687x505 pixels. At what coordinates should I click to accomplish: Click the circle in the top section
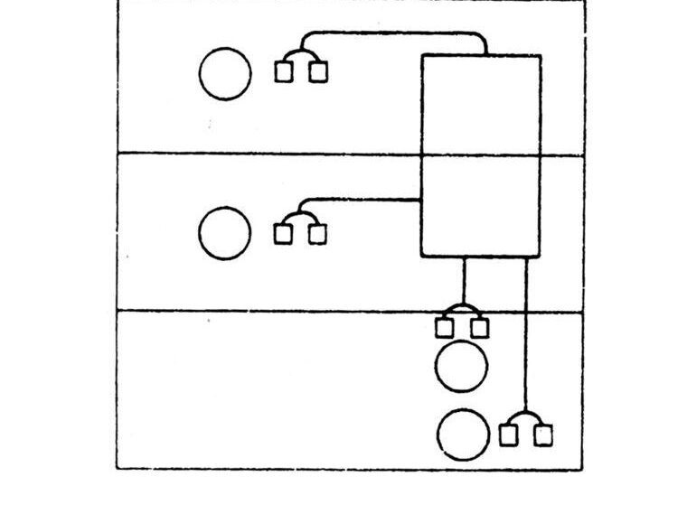click(x=225, y=74)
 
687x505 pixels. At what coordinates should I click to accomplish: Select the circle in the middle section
click(x=225, y=232)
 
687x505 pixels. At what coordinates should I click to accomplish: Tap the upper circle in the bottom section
click(x=461, y=366)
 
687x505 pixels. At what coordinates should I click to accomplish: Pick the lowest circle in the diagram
click(x=464, y=434)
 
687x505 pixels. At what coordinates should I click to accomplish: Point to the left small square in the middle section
click(x=284, y=234)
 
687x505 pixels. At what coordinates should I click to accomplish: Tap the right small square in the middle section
click(x=316, y=234)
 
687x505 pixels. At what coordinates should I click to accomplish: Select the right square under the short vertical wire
click(x=480, y=327)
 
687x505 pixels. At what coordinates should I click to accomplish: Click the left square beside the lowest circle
click(x=509, y=435)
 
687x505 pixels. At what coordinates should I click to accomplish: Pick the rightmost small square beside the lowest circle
click(x=542, y=435)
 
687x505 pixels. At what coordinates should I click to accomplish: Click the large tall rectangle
click(x=481, y=155)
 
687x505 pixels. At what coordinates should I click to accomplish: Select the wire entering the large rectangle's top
click(x=398, y=34)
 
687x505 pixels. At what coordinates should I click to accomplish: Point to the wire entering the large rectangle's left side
click(x=371, y=199)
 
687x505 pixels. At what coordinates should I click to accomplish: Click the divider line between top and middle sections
click(x=271, y=154)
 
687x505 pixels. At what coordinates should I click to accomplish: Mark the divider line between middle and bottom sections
click(x=271, y=311)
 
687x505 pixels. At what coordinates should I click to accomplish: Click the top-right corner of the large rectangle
click(x=541, y=56)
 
